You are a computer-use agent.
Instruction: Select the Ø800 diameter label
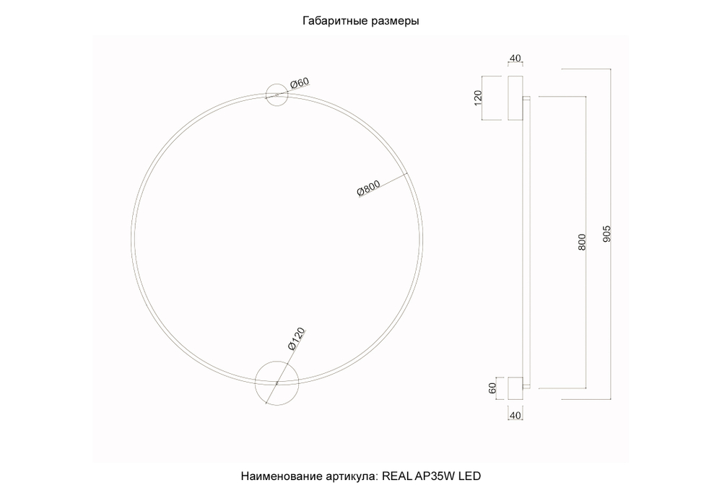[368, 190]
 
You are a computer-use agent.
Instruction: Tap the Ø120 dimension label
[297, 340]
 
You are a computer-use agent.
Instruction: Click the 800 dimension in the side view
[582, 242]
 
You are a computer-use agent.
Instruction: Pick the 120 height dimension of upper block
[478, 98]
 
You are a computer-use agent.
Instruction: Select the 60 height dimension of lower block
[493, 388]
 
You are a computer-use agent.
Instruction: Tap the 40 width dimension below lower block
[516, 416]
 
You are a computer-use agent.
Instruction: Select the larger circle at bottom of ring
[277, 381]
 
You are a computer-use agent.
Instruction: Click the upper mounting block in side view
[516, 97]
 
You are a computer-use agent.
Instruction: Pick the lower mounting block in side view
[516, 388]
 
